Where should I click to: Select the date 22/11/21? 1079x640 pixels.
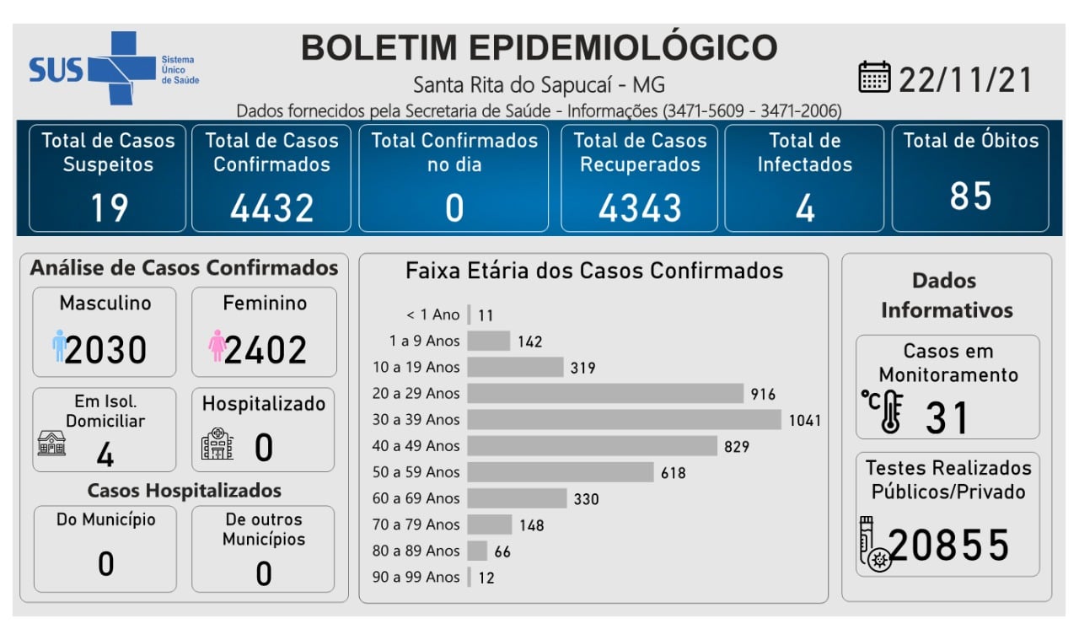point(966,79)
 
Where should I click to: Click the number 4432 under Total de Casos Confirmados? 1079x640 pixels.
point(271,207)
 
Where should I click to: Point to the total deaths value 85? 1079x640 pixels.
point(970,196)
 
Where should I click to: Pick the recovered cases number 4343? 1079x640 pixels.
point(640,207)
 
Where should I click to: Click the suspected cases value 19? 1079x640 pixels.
point(108,207)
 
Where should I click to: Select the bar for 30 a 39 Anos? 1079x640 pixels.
point(624,419)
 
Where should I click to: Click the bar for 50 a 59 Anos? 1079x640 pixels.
point(561,472)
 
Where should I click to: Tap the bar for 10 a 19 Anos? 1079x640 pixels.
point(515,367)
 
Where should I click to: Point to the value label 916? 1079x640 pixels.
point(762,394)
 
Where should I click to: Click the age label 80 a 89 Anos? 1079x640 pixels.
point(416,551)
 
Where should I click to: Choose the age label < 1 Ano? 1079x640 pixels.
point(432,315)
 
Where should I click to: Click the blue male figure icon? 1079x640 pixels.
point(58,347)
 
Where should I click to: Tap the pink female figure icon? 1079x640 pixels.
point(217,347)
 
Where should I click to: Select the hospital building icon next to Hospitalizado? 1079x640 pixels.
point(217,444)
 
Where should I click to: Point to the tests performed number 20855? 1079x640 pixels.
point(949,546)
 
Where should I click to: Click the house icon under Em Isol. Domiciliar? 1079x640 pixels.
point(51,443)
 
